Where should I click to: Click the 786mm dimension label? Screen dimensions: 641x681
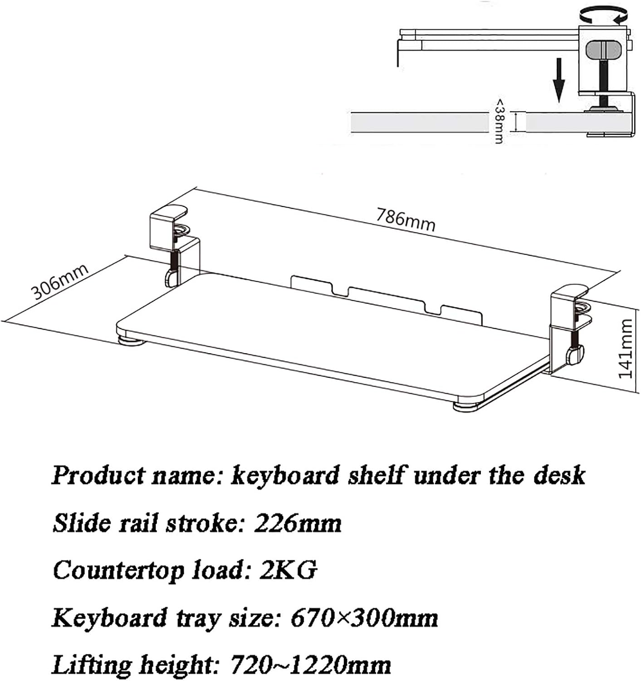point(406,220)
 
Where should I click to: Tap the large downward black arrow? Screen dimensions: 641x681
point(559,80)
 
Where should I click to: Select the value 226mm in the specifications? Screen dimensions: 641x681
point(298,523)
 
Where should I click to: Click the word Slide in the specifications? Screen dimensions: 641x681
point(82,523)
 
